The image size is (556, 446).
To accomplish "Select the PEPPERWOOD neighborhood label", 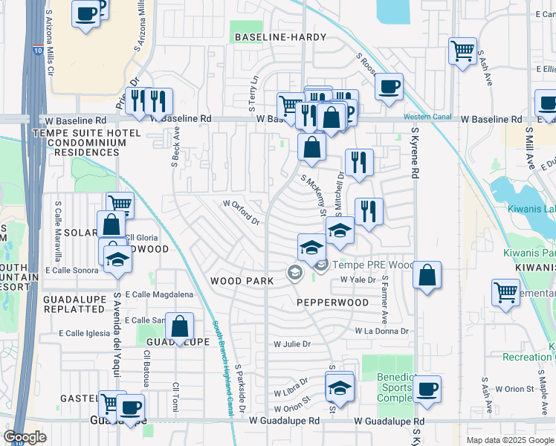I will point(332,303).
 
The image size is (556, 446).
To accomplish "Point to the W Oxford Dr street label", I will point(240,212).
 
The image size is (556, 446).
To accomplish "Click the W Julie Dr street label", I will point(291,344).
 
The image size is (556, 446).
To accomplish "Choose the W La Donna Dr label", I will point(384,330).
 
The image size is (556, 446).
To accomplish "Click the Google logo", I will point(25,436).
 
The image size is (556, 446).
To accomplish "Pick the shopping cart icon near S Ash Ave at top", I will point(462,51).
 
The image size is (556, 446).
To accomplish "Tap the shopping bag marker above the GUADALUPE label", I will point(180,326).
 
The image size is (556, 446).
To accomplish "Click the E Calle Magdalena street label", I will point(158,294).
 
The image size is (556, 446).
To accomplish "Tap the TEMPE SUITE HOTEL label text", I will point(76,132).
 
